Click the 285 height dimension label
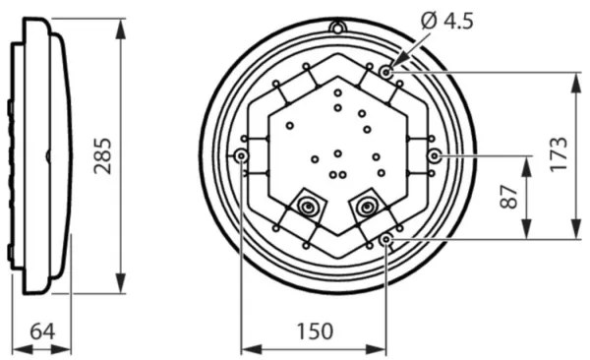click(103, 155)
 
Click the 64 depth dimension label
click(42, 331)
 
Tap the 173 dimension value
click(559, 155)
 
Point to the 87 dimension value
click(509, 197)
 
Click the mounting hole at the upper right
click(386, 72)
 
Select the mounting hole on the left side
click(241, 156)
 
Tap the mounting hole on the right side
click(435, 156)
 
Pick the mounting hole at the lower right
click(386, 239)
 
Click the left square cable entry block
click(308, 207)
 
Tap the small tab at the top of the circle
click(337, 27)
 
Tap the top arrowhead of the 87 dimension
click(527, 163)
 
